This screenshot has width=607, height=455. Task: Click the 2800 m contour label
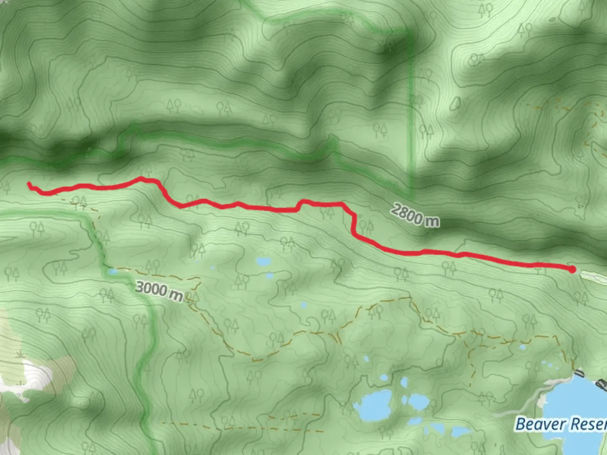pyautogui.click(x=415, y=215)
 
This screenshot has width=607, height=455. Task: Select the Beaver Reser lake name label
pyautogui.click(x=561, y=424)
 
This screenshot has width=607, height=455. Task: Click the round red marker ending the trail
pyautogui.click(x=572, y=269)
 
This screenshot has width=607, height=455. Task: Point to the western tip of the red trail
pyautogui.click(x=29, y=184)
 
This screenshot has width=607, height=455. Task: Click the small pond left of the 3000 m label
pyautogui.click(x=112, y=272)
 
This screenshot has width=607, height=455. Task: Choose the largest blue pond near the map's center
pyautogui.click(x=264, y=262)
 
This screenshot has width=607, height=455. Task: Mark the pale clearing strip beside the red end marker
pyautogui.click(x=593, y=275)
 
